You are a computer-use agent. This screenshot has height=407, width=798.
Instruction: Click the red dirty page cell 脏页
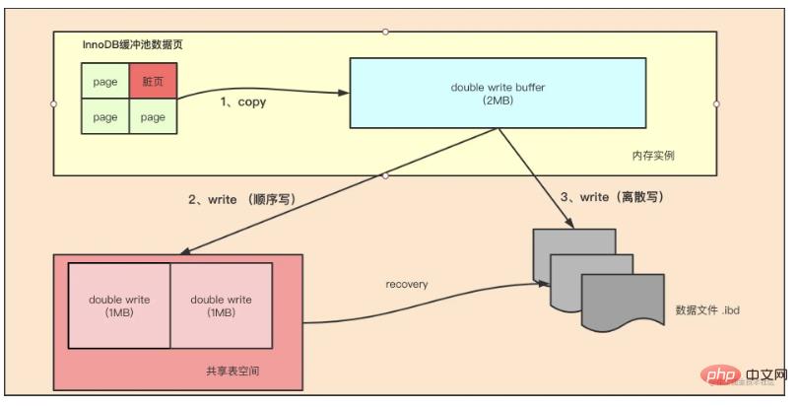(153, 81)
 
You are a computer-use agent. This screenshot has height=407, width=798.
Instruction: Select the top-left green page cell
(105, 81)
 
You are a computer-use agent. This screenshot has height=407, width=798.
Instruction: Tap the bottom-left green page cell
(105, 117)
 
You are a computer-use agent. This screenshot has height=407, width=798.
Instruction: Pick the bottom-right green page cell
(153, 117)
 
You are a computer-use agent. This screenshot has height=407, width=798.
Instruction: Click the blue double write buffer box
(499, 94)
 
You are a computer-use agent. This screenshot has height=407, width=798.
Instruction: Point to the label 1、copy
(242, 102)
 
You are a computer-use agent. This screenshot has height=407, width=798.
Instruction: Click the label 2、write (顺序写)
(241, 199)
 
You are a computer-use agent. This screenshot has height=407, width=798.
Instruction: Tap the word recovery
(407, 284)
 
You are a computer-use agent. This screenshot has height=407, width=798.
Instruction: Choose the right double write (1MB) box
(221, 305)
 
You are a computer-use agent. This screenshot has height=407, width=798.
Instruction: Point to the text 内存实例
(653, 156)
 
